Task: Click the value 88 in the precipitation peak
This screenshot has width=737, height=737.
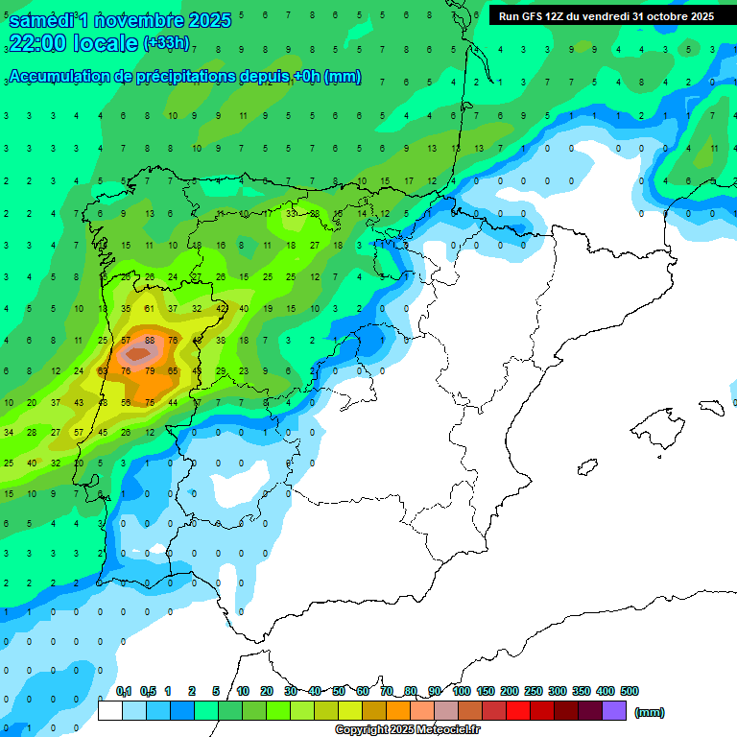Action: pyautogui.click(x=149, y=340)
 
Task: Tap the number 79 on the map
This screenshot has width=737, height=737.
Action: pyautogui.click(x=149, y=370)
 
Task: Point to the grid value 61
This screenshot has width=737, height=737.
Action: pyautogui.click(x=149, y=308)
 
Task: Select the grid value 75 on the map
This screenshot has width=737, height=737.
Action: pyautogui.click(x=149, y=402)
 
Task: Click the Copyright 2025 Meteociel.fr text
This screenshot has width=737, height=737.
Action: pyautogui.click(x=407, y=730)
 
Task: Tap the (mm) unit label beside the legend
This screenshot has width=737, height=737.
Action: pyautogui.click(x=650, y=712)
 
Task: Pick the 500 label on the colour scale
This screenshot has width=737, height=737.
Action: pyautogui.click(x=629, y=691)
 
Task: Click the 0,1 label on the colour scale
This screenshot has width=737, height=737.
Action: pyautogui.click(x=123, y=691)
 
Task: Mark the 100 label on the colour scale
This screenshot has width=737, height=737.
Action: pyautogui.click(x=461, y=691)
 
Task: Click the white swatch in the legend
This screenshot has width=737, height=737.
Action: pyautogui.click(x=110, y=711)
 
